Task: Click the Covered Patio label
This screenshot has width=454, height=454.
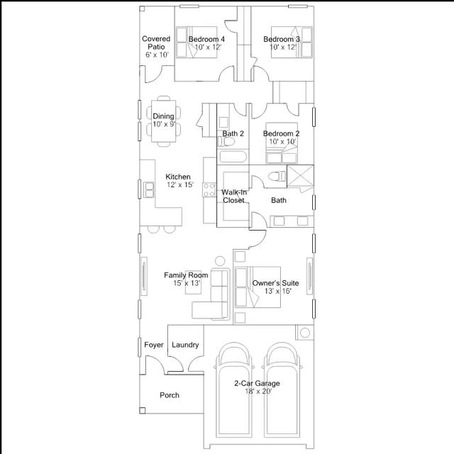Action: (x=156, y=43)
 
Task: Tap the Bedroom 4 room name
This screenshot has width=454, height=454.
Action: (x=206, y=39)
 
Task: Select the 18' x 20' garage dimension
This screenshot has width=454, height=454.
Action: (x=258, y=392)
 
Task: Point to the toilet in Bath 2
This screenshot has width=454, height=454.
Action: (x=226, y=142)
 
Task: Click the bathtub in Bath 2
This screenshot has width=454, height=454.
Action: (x=233, y=157)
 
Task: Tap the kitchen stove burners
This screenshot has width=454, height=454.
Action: (x=209, y=189)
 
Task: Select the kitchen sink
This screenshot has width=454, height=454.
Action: (x=148, y=189)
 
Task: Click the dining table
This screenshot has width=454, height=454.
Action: (x=164, y=121)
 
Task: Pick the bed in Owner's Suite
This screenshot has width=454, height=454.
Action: (x=258, y=287)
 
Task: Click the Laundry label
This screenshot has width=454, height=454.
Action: (x=185, y=345)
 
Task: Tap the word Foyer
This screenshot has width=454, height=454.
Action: (x=154, y=345)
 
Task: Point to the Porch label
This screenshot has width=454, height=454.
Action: (x=170, y=395)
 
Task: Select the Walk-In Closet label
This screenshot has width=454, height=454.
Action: (x=234, y=196)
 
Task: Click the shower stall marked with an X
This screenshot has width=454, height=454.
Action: (x=300, y=175)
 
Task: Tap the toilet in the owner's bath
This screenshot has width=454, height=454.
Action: (x=277, y=177)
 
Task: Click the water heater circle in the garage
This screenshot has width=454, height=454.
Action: (x=305, y=333)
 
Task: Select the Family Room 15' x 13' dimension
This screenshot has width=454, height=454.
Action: (x=187, y=283)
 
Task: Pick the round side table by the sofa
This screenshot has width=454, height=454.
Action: (x=220, y=261)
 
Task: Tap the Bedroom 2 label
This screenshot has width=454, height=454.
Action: (x=281, y=133)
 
